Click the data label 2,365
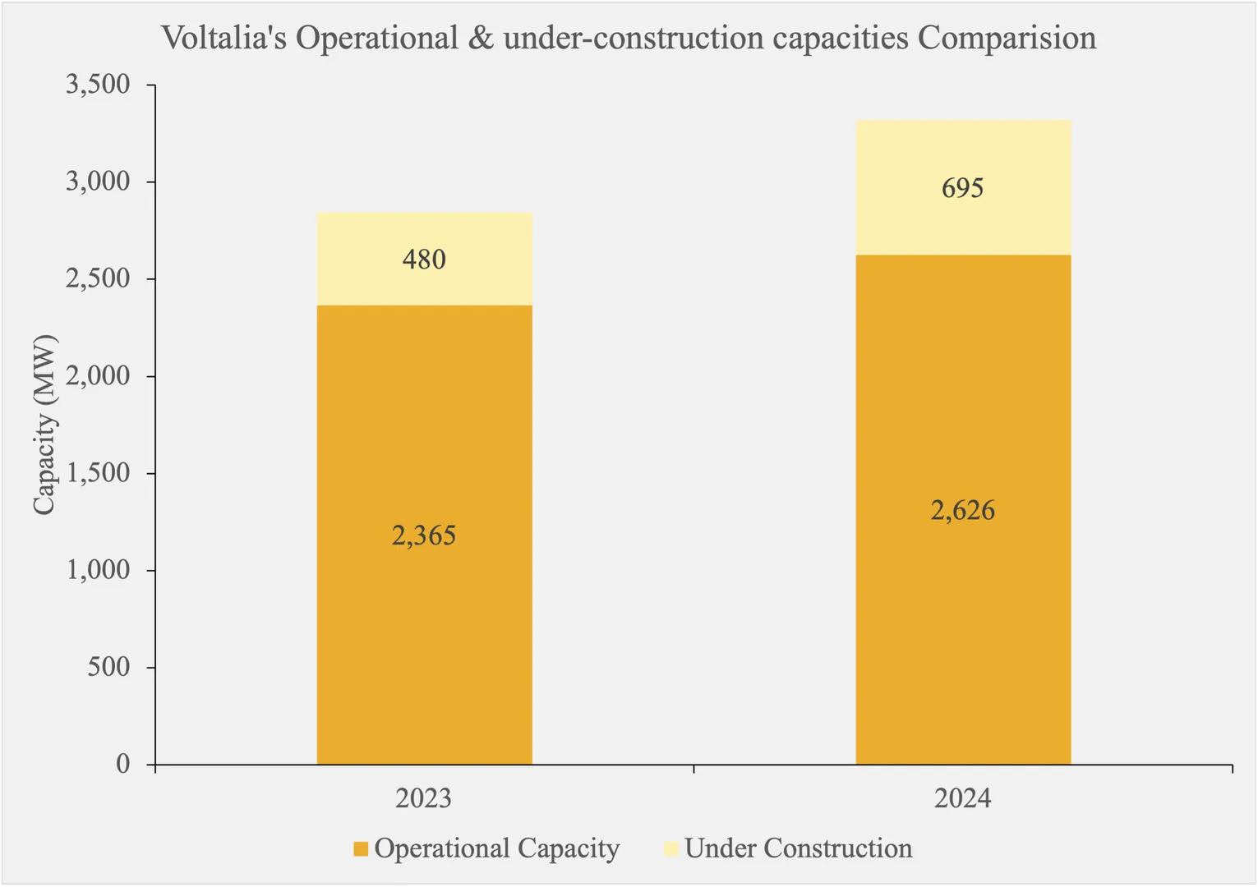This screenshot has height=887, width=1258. pyautogui.click(x=424, y=535)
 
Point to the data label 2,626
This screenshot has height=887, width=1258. pyautogui.click(x=963, y=511)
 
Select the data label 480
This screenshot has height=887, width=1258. pyautogui.click(x=424, y=260)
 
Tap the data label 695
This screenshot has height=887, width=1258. pyautogui.click(x=963, y=188)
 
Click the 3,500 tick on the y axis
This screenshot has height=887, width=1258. pyautogui.click(x=98, y=85)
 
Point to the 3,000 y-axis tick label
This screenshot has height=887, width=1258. pyautogui.click(x=98, y=182)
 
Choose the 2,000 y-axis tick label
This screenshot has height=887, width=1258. pyautogui.click(x=98, y=376)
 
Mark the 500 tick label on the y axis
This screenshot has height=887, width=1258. pyautogui.click(x=108, y=667)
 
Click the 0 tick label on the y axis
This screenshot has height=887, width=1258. pyautogui.click(x=122, y=764)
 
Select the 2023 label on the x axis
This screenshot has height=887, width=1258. pyautogui.click(x=424, y=798)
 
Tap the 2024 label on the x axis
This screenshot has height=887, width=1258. pyautogui.click(x=963, y=798)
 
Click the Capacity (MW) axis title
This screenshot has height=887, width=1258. pyautogui.click(x=44, y=425)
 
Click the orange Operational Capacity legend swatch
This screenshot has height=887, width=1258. pyautogui.click(x=360, y=849)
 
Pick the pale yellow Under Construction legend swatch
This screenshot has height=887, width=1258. pyautogui.click(x=670, y=849)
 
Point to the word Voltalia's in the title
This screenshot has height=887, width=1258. pyautogui.click(x=223, y=39)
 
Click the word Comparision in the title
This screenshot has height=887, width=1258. pyautogui.click(x=1007, y=39)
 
